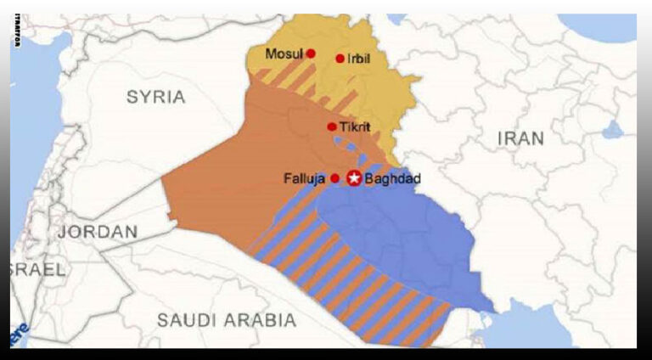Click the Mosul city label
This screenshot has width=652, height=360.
284,53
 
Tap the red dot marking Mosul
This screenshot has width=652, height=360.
311,53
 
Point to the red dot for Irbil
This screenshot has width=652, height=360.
340,59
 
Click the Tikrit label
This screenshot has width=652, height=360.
357,127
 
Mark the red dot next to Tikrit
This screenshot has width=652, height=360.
332,127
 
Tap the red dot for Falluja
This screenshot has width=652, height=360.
334,178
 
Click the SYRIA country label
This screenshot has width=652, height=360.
155,97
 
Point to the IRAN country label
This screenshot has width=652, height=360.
520,138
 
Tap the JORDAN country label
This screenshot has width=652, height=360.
98,231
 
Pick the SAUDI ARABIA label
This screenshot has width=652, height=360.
227,320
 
